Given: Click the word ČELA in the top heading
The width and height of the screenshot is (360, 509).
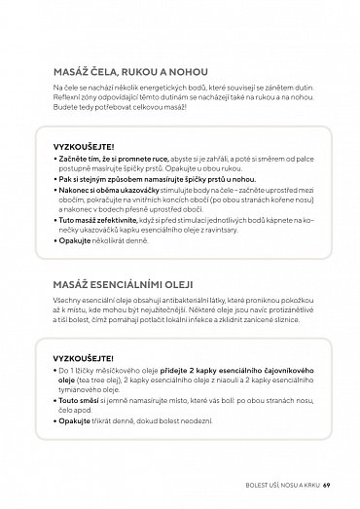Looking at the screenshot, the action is [108, 70].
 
